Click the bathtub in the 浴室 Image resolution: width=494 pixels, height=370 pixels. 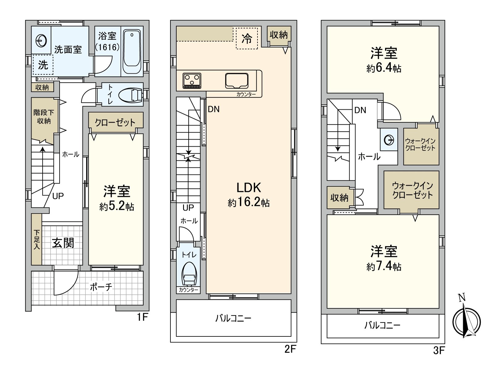point(132,51)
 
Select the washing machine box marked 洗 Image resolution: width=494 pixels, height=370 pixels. point(43,65)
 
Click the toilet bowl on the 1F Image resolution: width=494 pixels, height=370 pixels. point(131,95)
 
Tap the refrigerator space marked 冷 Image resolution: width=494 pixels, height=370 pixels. point(247,39)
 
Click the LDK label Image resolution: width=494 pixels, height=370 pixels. point(249,187)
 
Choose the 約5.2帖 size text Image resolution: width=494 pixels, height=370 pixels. point(117,207)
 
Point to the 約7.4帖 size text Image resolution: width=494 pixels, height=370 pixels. point(384,266)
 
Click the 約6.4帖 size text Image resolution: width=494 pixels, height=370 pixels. point(384,68)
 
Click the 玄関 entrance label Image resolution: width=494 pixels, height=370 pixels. point(63,243)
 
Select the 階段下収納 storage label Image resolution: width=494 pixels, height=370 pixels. point(44,117)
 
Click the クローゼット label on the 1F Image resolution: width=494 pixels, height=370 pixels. point(115,123)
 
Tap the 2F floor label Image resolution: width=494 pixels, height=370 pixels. point(290,349)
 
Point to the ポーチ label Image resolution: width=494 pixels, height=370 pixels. point(101,287)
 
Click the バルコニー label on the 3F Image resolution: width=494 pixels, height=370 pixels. point(383,325)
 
